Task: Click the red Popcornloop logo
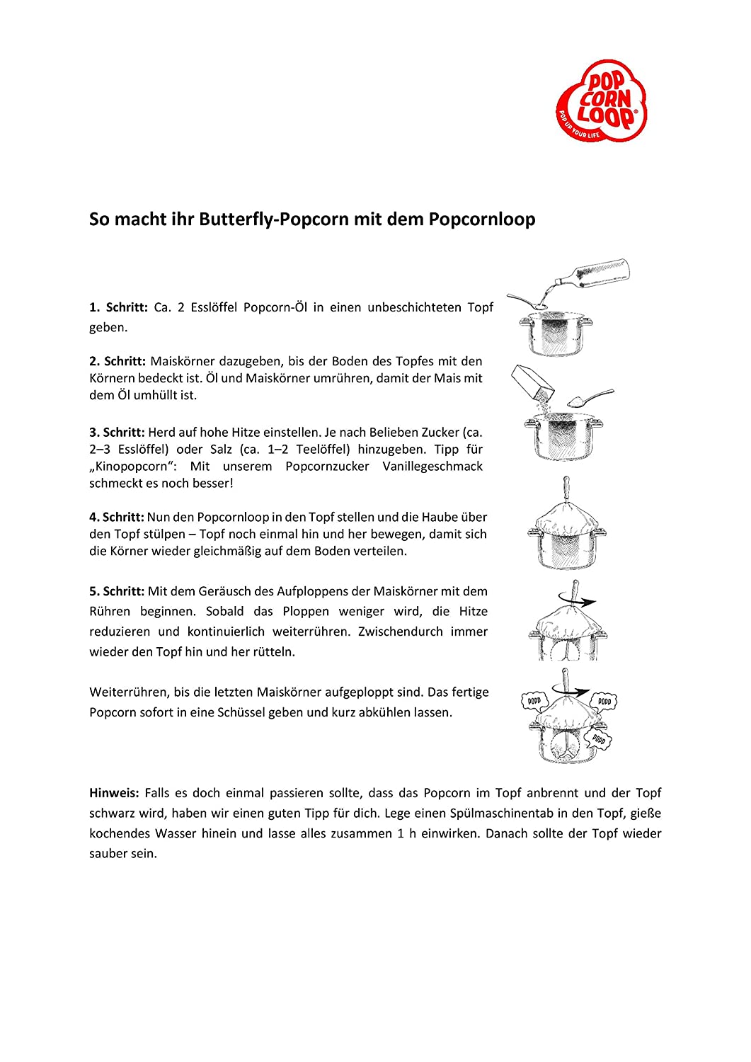pyautogui.click(x=602, y=101)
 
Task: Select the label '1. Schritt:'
pyautogui.click(x=118, y=307)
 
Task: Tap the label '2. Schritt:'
pyautogui.click(x=117, y=361)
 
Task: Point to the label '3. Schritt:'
pyautogui.click(x=117, y=432)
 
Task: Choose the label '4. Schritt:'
pyautogui.click(x=116, y=517)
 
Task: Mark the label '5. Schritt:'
pyautogui.click(x=117, y=591)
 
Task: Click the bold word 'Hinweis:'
pyautogui.click(x=114, y=793)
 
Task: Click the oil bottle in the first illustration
pyautogui.click(x=598, y=273)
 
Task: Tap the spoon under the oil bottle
pyautogui.click(x=527, y=302)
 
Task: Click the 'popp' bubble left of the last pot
pyautogui.click(x=534, y=701)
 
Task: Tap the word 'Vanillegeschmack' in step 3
pyautogui.click(x=432, y=467)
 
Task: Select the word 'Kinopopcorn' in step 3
pyautogui.click(x=134, y=467)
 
